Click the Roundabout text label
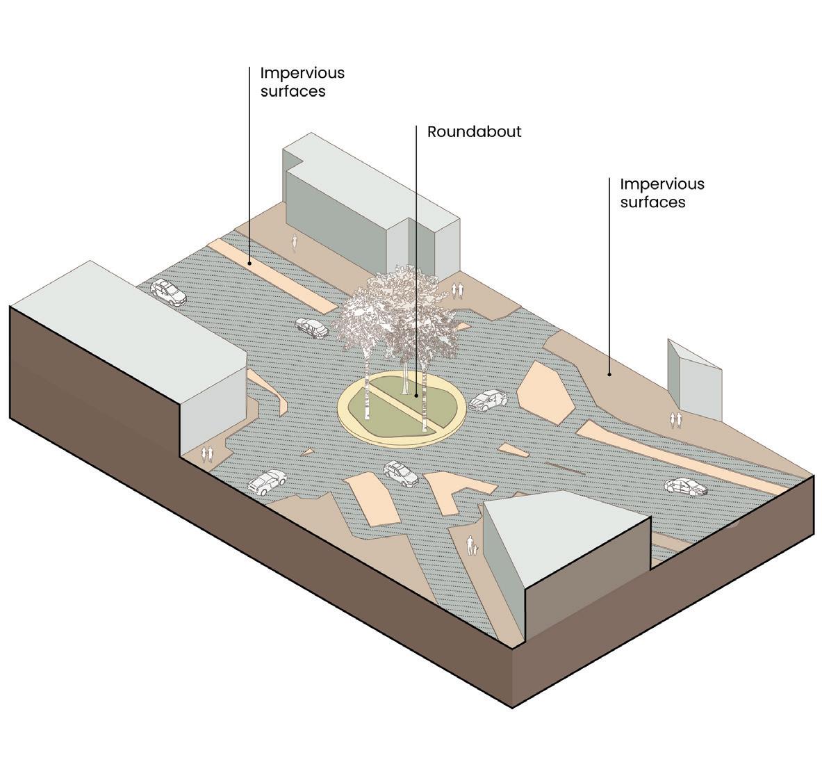(x=474, y=131)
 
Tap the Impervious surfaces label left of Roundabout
(x=302, y=81)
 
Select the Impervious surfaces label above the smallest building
(x=661, y=193)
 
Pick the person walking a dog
(x=471, y=545)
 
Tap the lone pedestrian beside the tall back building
(x=295, y=242)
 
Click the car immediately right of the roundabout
(x=488, y=400)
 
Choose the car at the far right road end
(x=687, y=486)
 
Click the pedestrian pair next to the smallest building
(x=675, y=419)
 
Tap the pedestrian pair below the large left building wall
(x=206, y=454)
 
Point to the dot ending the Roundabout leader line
(x=416, y=395)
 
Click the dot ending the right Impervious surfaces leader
(x=610, y=374)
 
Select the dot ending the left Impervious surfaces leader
(x=249, y=264)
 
